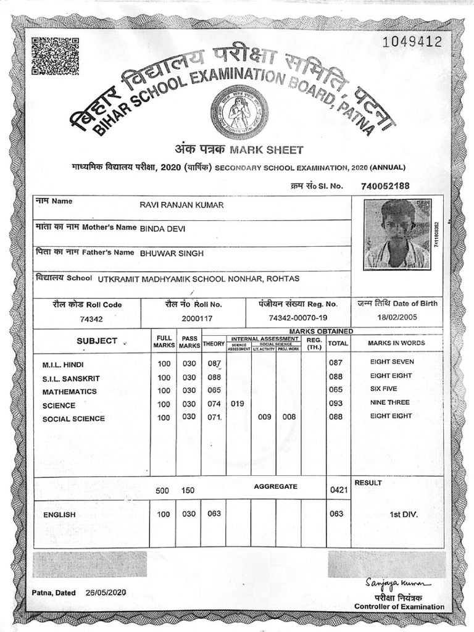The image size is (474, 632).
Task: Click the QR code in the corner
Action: (55, 56)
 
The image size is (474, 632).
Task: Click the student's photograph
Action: (397, 234)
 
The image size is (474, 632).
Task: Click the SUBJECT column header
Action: (97, 341)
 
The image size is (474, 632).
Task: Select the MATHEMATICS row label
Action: (69, 391)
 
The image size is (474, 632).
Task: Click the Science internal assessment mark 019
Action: (238, 404)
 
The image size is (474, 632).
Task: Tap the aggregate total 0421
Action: (339, 490)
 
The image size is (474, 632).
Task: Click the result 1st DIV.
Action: (397, 513)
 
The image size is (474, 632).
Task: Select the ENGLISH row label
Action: (59, 514)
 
